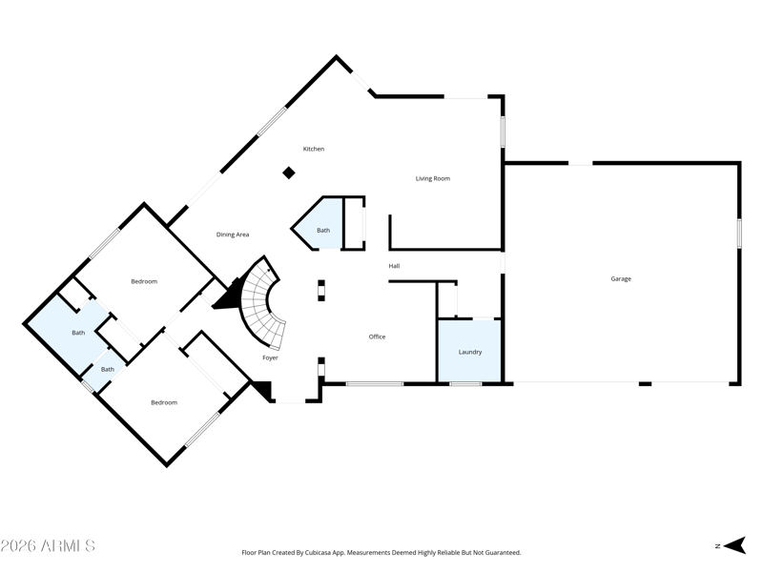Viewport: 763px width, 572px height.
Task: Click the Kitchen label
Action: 314,149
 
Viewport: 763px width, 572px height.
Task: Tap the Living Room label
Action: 432,178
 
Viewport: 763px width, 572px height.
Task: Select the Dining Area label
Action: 233,235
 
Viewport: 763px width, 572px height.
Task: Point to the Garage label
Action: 621,279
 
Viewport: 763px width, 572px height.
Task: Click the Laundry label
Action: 470,352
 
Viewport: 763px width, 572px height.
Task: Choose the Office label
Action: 377,337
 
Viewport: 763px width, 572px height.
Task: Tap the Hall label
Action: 394,266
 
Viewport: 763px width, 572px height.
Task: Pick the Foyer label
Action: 271,357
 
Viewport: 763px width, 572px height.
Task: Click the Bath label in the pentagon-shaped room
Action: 323,230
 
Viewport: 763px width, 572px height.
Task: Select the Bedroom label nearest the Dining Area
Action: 144,281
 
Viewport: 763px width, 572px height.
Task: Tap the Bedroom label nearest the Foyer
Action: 164,402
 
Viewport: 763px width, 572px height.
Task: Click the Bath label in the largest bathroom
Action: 78,333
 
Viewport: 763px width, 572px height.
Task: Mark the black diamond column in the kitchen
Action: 289,173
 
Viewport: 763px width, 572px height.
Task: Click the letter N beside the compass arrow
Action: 717,546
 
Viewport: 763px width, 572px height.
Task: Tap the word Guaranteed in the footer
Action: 499,552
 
